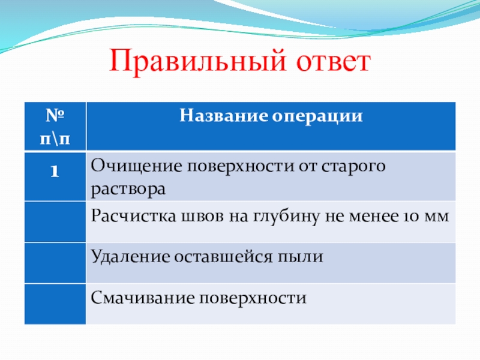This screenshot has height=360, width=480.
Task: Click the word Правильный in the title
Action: click(198, 61)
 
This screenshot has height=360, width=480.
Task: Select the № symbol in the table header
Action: click(55, 115)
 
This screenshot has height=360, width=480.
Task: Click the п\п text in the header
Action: click(55, 139)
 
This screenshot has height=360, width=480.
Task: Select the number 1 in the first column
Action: click(55, 171)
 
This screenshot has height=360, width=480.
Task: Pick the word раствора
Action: click(128, 190)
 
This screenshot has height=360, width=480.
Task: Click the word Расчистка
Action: click(133, 216)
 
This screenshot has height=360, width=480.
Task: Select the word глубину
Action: click(287, 217)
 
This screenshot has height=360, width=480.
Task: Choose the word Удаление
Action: click(131, 257)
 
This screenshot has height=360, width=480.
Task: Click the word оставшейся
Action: click(223, 257)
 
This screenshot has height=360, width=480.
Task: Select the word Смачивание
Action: click(143, 298)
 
